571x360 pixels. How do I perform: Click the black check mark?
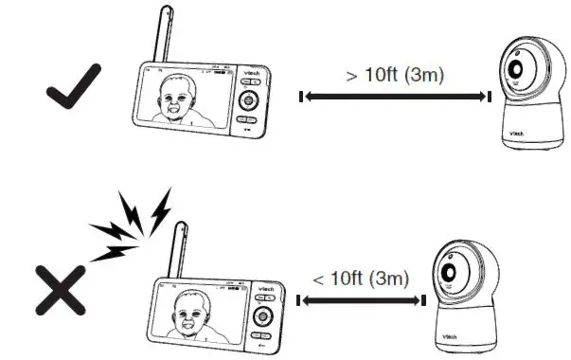pyautogui.click(x=76, y=92)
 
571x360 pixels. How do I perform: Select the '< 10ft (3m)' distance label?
pyautogui.click(x=361, y=279)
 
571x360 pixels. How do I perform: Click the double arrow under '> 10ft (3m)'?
pyautogui.click(x=395, y=97)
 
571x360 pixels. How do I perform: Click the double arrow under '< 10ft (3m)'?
pyautogui.click(x=359, y=300)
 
